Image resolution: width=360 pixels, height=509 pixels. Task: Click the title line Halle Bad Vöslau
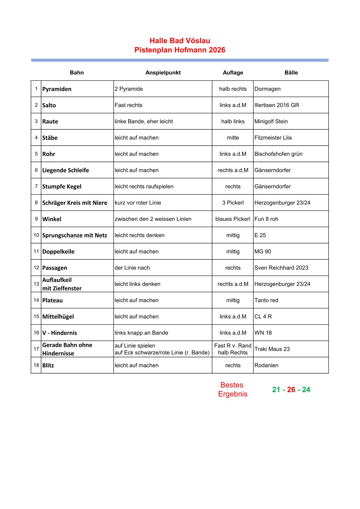tap(180, 41)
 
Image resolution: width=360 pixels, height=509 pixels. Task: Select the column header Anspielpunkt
tap(163, 73)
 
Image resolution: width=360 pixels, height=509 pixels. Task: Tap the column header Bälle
tap(291, 73)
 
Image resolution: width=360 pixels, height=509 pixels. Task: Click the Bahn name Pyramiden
tap(57, 89)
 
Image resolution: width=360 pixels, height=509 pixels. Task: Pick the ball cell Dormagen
tap(267, 89)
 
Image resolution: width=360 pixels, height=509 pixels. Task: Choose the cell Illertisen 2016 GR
tap(277, 105)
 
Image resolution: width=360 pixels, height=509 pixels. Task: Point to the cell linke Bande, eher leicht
tap(144, 121)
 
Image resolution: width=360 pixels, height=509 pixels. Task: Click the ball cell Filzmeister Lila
tap(273, 138)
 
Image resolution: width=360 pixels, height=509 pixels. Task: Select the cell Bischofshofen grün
tap(278, 154)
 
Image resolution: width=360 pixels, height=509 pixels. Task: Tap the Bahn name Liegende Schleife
tap(66, 170)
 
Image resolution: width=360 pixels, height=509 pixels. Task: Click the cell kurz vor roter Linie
tap(138, 203)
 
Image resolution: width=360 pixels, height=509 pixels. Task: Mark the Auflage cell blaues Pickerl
tap(233, 219)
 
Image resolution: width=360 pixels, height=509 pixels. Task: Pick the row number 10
tap(36, 235)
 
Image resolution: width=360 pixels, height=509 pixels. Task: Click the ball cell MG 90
tap(263, 252)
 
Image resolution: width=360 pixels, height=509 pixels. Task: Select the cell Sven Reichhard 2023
tap(281, 268)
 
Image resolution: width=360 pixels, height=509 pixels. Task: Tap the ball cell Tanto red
tap(266, 300)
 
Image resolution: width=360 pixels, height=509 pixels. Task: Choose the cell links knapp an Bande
tap(141, 333)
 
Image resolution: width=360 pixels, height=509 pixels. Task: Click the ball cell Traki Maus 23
tap(272, 349)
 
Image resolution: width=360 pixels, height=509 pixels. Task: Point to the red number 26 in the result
tap(291, 390)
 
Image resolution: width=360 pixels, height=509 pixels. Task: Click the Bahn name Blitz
tap(48, 365)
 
